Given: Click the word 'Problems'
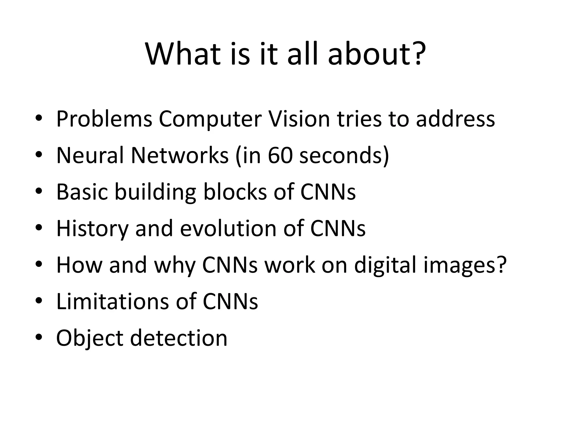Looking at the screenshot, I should [x=104, y=119].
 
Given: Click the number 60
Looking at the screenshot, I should [x=280, y=155].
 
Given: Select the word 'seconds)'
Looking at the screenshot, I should [x=344, y=156].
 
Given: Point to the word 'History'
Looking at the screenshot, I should [x=92, y=229].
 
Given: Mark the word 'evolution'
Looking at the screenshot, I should [x=228, y=228].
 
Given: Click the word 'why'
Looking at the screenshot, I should [x=175, y=265].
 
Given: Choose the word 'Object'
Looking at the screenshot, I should [x=89, y=338].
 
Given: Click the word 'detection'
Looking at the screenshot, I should [x=179, y=338].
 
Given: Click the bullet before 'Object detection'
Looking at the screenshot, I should [x=39, y=338].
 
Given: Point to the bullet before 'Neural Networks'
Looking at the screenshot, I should [x=39, y=155].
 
